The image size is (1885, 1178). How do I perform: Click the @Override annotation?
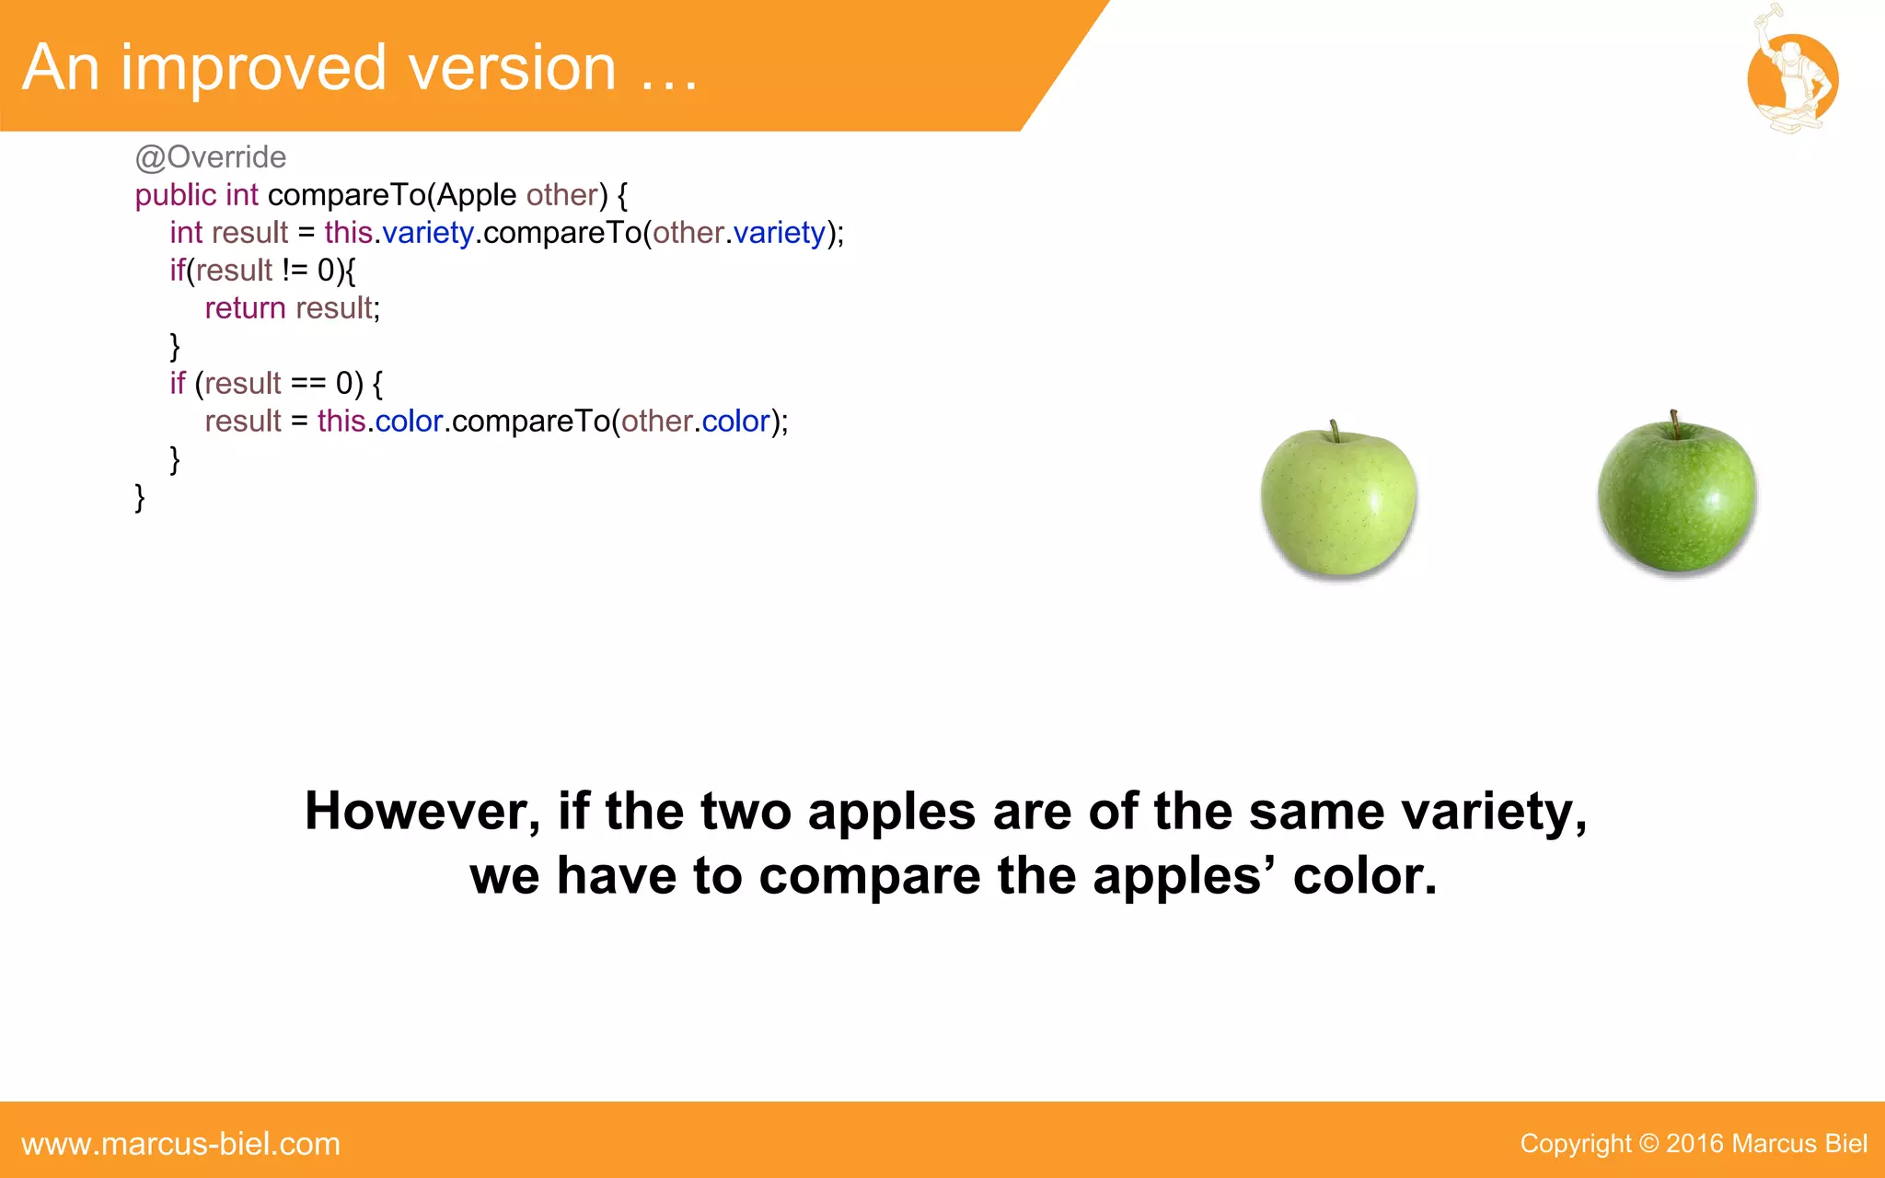(x=211, y=157)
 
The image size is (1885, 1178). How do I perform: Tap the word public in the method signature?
(x=176, y=195)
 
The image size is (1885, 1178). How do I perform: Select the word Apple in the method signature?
(x=477, y=195)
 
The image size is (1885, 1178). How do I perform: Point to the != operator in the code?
(x=295, y=271)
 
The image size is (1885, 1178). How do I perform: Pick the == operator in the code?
(x=308, y=383)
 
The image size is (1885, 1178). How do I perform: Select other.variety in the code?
(x=739, y=233)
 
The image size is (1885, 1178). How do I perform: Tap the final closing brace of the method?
(x=140, y=497)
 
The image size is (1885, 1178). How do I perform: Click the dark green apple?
(x=1677, y=497)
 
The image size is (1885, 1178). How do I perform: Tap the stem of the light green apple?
(x=1334, y=432)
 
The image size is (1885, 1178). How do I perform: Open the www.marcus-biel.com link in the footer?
(x=181, y=1144)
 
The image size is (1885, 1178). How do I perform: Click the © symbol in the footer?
(x=1648, y=1144)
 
